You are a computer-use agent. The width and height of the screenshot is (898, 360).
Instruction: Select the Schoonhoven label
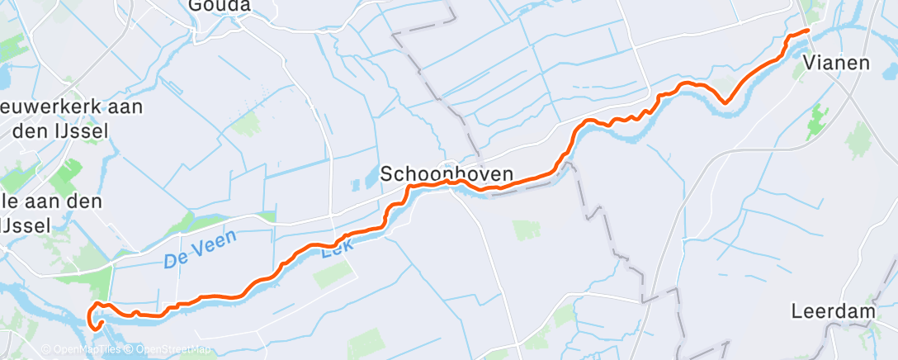tap(447, 174)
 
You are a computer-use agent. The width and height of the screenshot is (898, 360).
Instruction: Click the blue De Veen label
tap(200, 249)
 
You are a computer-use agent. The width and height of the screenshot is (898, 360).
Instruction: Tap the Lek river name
tap(335, 250)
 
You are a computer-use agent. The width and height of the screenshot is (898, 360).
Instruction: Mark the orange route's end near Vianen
tap(807, 31)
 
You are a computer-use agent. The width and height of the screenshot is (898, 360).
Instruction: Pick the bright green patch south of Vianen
tap(818, 121)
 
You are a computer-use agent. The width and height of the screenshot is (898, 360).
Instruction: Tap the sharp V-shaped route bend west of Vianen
tap(725, 102)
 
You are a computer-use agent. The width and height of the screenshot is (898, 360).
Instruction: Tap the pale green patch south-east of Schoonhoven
tap(526, 230)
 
